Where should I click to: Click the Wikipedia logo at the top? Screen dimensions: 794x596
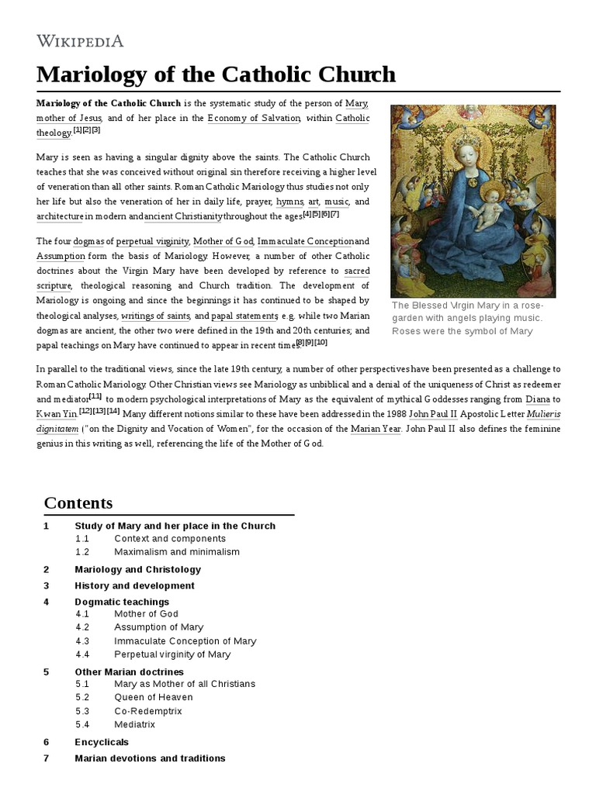80,40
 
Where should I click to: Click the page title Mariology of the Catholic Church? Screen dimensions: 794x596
216,74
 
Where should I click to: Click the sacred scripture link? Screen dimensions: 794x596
357,271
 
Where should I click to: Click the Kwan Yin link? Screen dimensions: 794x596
57,414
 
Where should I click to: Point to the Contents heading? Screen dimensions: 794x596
78,502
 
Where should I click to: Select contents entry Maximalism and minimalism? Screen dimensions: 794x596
177,552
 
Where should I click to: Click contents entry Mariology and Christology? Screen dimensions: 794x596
136,569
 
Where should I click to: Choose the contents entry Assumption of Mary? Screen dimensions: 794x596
159,627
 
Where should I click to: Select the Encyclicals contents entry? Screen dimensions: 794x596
102,742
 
